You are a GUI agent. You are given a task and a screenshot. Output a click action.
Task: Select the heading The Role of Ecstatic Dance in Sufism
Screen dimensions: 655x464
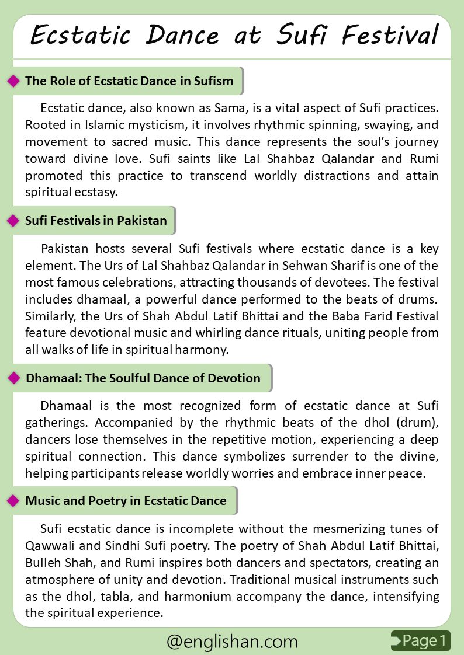pyautogui.click(x=129, y=81)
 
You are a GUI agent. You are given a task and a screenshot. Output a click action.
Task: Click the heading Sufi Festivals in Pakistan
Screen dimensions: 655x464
pyautogui.click(x=96, y=221)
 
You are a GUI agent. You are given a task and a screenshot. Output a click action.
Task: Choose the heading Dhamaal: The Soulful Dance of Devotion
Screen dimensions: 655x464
pyautogui.click(x=143, y=378)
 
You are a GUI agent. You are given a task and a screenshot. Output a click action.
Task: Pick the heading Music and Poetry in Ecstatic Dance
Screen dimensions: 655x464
pyautogui.click(x=126, y=501)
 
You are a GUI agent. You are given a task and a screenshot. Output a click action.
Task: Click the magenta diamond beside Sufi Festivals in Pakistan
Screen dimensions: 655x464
pyautogui.click(x=13, y=221)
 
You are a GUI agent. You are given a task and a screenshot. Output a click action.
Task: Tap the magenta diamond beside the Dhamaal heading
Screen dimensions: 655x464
pyautogui.click(x=13, y=378)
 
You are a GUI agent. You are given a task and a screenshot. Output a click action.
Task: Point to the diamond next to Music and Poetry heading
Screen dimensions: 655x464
pyautogui.click(x=13, y=501)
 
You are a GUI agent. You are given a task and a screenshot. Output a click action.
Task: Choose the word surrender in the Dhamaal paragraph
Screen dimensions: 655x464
pyautogui.click(x=304, y=457)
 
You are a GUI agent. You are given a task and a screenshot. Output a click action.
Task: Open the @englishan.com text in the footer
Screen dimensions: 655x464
pyautogui.click(x=232, y=642)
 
